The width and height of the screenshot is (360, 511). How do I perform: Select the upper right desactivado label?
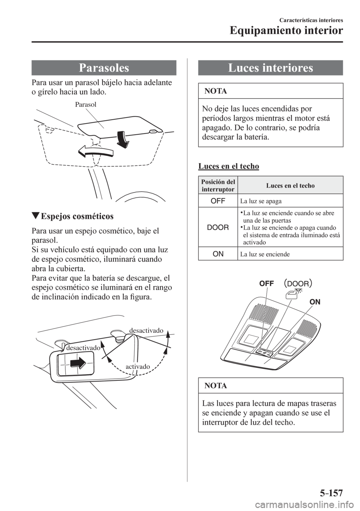[147, 330]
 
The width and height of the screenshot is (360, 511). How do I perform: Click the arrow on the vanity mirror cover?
[77, 363]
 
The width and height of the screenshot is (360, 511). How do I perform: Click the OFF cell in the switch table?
[218, 201]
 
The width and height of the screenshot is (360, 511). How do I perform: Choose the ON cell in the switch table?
[218, 254]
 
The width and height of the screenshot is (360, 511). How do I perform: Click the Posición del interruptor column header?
[218, 185]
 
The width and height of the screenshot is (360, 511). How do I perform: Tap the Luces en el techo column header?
[290, 185]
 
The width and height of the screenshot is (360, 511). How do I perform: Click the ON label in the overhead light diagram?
[316, 301]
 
